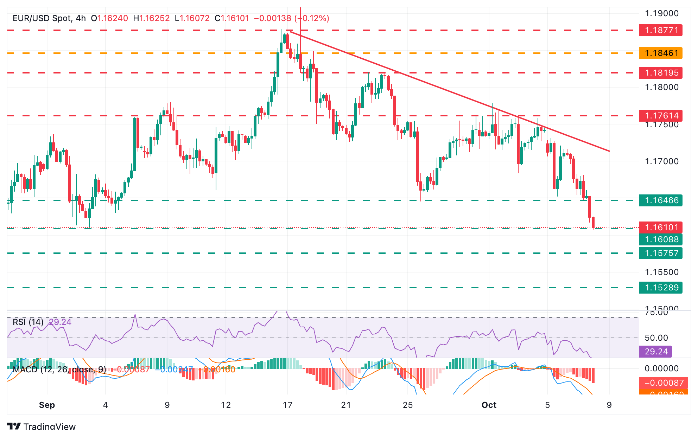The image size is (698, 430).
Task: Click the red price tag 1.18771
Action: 660,30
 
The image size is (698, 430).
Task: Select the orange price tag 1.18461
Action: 660,53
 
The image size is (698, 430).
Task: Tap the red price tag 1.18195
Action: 660,73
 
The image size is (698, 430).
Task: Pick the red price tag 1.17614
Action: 660,115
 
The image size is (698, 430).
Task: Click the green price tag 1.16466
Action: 660,200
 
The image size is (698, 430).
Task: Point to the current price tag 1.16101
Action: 660,227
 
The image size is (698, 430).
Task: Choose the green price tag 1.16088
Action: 660,239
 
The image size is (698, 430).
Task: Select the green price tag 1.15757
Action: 660,253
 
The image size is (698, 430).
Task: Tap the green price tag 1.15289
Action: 660,288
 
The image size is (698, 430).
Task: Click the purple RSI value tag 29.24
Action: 656,352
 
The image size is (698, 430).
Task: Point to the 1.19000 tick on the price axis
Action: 661,13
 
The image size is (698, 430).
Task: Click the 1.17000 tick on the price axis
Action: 661,161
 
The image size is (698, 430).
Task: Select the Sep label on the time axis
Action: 47,405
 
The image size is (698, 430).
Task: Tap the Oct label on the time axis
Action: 489,405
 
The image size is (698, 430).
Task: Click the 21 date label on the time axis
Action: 346,405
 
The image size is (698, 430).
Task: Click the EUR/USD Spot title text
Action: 42,18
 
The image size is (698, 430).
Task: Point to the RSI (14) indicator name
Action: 28,322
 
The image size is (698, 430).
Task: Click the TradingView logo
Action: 42,426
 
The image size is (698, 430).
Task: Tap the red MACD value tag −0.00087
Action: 661,383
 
